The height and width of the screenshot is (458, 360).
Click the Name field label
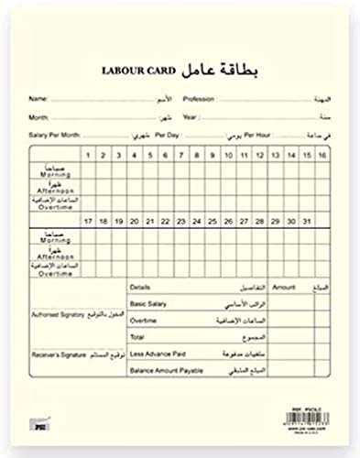click(x=38, y=99)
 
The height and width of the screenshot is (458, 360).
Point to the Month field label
click(x=38, y=117)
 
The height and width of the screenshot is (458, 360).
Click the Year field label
click(x=190, y=117)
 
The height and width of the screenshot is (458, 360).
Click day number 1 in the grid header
click(x=86, y=156)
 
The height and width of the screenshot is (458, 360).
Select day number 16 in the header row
click(x=322, y=156)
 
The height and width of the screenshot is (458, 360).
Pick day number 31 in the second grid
click(x=305, y=222)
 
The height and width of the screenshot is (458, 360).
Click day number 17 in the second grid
click(x=86, y=222)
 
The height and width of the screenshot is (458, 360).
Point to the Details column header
click(x=140, y=288)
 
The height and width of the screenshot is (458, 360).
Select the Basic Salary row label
click(x=147, y=305)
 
